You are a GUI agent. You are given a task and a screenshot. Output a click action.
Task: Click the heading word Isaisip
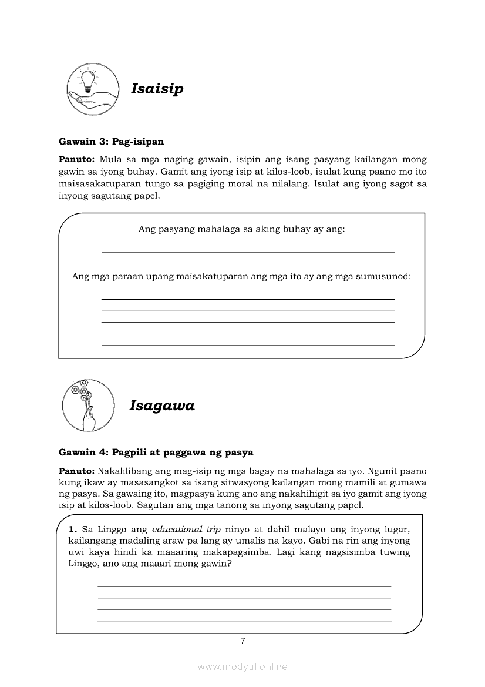(157, 89)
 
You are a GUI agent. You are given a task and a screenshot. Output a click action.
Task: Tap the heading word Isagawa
(161, 406)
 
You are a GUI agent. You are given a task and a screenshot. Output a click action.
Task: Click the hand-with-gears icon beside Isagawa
(88, 406)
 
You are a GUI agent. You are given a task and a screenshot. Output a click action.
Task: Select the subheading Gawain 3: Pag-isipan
(111, 142)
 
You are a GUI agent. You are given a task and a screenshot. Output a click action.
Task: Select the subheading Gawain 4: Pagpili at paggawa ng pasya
(156, 453)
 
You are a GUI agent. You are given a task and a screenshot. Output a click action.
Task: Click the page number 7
(242, 641)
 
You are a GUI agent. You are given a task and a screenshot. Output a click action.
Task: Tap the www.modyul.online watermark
(242, 666)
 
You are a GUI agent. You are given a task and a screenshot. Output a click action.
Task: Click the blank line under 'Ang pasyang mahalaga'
(248, 252)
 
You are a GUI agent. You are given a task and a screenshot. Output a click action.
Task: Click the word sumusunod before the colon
(382, 276)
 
